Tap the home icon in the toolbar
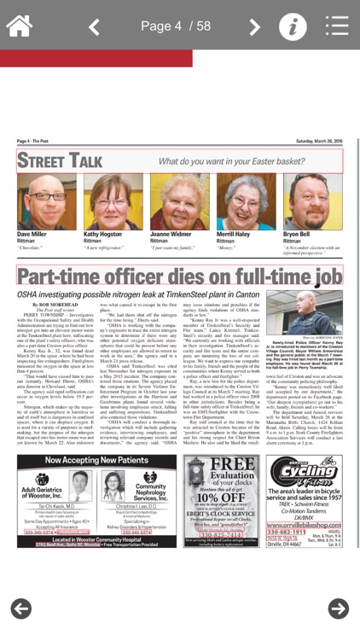point(19,25)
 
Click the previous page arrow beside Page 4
point(95,26)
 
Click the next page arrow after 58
point(254,26)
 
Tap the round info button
point(293,26)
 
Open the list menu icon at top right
point(337,26)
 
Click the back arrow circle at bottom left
point(21,608)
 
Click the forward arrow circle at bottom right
point(339,608)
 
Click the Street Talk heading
point(60,160)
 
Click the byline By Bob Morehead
point(52,304)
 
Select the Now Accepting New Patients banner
point(96,461)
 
